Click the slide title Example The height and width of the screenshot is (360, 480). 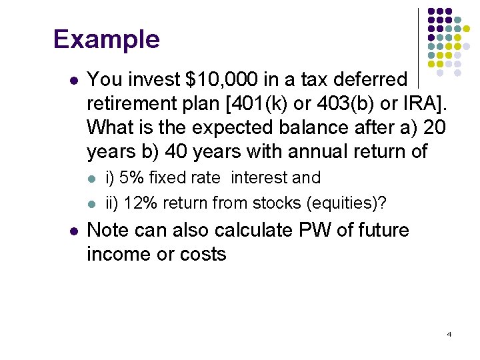pyautogui.click(x=107, y=40)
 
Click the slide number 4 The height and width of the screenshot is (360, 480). pyautogui.click(x=449, y=333)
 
